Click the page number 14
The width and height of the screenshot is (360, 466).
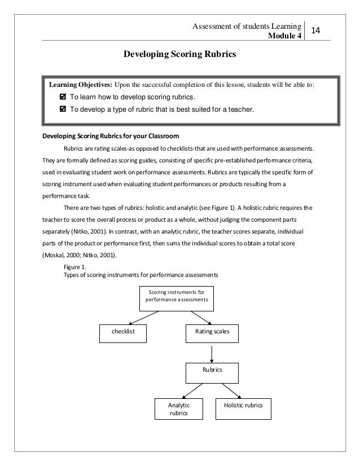[x=316, y=28]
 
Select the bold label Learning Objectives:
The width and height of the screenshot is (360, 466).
[x=81, y=85]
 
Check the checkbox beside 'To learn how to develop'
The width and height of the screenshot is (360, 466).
[x=63, y=96]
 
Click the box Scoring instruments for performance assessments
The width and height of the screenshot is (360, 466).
[x=177, y=296]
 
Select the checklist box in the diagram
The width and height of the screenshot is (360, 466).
[x=122, y=332]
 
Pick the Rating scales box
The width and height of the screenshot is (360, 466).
[x=212, y=332]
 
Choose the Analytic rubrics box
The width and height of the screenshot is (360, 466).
[x=179, y=409]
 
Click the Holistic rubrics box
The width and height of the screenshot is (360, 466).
[x=243, y=405]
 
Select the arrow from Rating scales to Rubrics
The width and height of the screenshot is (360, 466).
[x=212, y=352]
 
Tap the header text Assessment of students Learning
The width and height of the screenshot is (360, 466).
[x=246, y=26]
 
